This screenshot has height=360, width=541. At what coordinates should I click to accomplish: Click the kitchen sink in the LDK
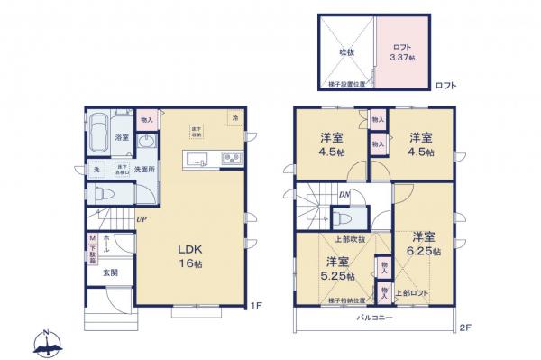coord(197,161)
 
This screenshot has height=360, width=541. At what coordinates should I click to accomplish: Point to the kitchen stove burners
coord(228,161)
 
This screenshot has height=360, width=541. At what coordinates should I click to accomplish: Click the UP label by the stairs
coord(142,218)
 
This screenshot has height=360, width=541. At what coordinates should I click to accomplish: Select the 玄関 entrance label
coord(108,272)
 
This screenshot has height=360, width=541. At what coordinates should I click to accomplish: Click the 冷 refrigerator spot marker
coord(234,118)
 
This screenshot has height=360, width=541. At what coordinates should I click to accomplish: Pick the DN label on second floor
coord(344,195)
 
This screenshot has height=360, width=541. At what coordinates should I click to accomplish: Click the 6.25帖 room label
coord(422,244)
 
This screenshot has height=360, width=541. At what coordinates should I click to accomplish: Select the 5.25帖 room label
coord(338,269)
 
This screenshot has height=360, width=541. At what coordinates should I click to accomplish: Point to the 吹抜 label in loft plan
coord(347,53)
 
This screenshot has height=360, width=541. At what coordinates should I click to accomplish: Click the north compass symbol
coord(47,342)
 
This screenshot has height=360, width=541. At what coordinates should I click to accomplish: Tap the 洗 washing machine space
coord(96,170)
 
